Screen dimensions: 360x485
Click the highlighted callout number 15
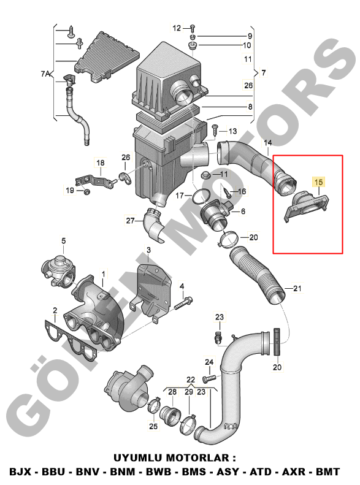(x=318, y=182)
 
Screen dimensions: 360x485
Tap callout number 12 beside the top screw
(x=177, y=28)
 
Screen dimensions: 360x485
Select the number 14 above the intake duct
(x=268, y=143)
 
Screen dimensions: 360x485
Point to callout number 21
(x=297, y=288)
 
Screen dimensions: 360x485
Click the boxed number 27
(x=131, y=221)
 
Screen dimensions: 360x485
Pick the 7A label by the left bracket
(x=45, y=74)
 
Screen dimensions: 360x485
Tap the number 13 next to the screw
(x=232, y=131)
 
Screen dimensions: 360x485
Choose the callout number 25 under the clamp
(x=153, y=426)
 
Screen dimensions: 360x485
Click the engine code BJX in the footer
(x=20, y=472)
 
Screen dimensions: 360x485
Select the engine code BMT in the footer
(x=328, y=472)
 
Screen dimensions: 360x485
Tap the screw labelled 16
(x=226, y=191)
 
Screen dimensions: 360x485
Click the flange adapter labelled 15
(x=306, y=205)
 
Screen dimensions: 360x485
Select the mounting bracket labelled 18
(x=94, y=181)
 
